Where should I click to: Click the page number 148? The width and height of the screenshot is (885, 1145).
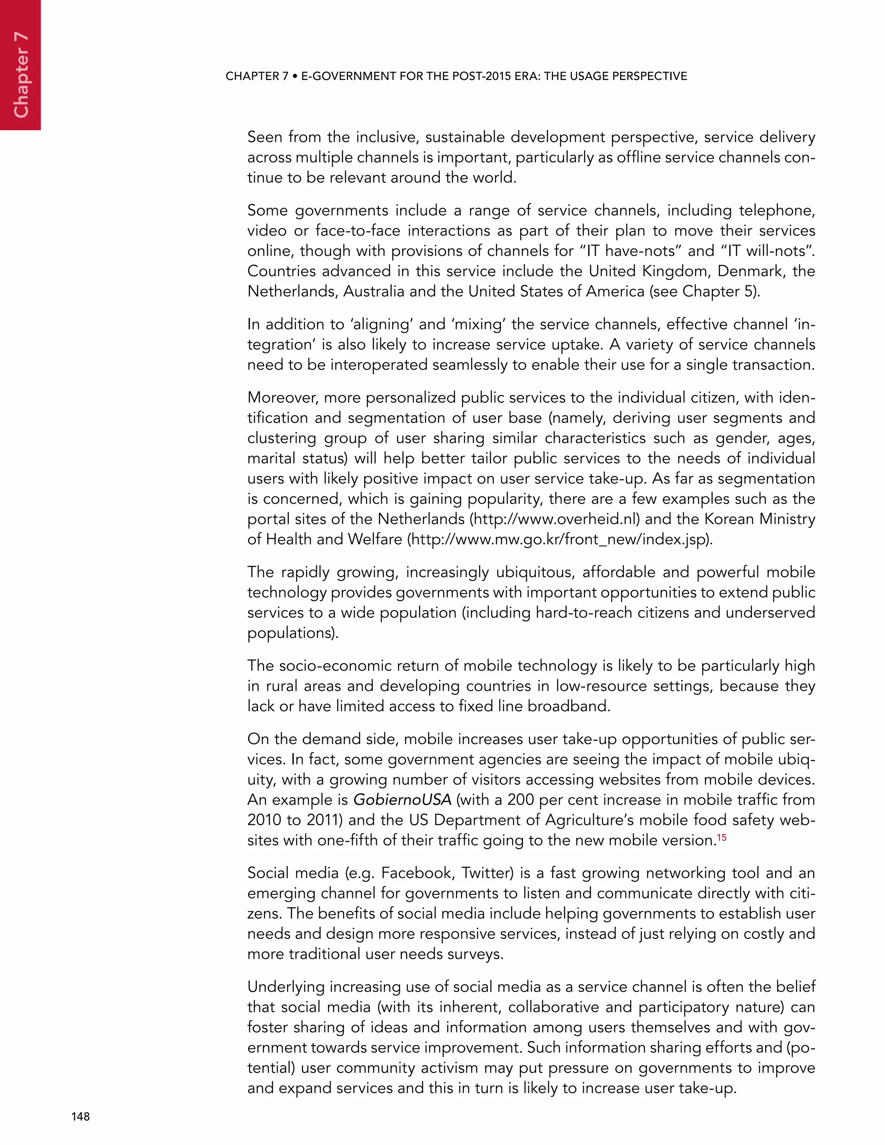click(80, 1116)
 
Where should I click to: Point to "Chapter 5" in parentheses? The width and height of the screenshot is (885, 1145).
click(718, 292)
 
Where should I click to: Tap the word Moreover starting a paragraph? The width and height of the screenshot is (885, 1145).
click(282, 398)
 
